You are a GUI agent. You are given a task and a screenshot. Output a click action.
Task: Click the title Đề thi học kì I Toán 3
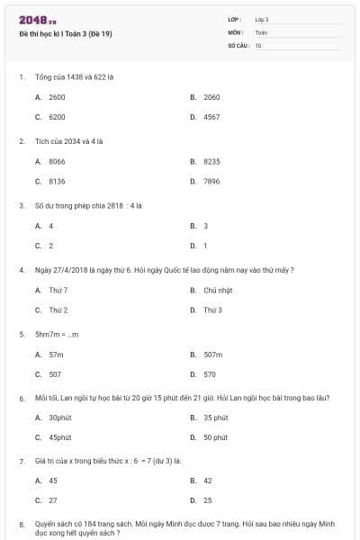(65, 34)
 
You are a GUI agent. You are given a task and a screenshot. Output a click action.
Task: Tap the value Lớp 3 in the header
(262, 19)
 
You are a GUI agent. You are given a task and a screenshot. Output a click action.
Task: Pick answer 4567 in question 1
(211, 117)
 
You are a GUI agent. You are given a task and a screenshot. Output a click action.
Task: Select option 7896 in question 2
(211, 181)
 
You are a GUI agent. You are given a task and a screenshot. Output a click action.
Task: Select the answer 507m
(213, 355)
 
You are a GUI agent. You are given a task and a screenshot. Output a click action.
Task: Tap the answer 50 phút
(215, 437)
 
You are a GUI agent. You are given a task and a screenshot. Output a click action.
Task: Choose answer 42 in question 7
(208, 481)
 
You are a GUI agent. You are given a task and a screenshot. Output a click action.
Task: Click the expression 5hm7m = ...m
(57, 334)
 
